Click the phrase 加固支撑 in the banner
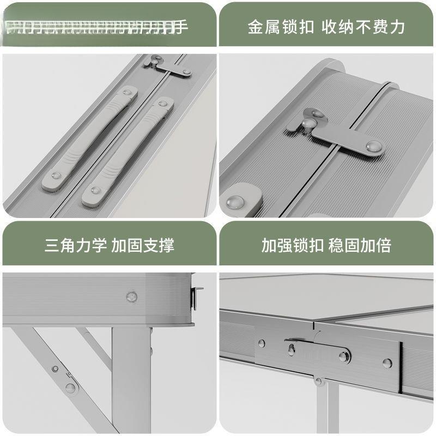143,245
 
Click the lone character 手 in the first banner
182,26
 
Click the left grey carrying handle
88,140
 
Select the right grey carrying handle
126,152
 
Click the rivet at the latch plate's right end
374,146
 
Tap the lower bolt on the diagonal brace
70,388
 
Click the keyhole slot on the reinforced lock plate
292,349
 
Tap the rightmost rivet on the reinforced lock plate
387,362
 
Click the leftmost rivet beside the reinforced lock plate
262,344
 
